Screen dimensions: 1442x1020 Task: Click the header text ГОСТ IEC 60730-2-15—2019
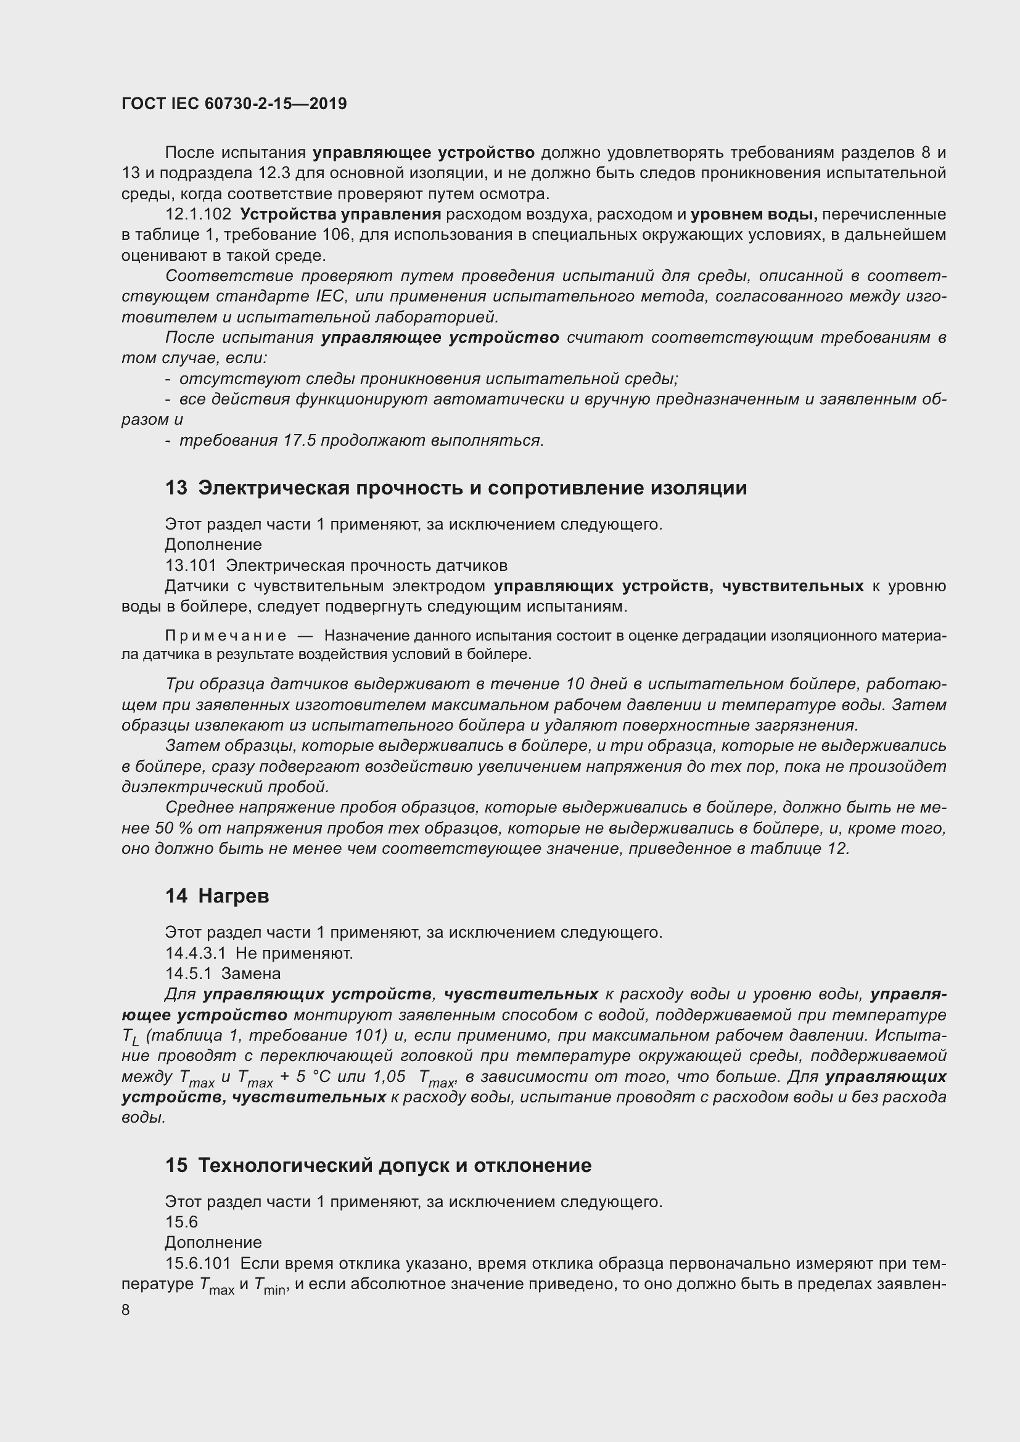point(234,104)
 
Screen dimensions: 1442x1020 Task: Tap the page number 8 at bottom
point(126,1310)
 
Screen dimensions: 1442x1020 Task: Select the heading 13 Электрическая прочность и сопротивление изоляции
point(456,488)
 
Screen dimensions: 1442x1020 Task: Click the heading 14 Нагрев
point(217,896)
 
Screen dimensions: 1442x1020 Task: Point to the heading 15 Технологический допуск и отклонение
point(378,1166)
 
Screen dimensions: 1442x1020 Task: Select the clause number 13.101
point(191,565)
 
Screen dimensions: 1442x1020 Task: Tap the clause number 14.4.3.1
point(195,953)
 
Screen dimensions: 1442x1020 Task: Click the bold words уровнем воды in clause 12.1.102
point(753,215)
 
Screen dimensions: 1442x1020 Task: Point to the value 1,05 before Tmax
point(389,1077)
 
